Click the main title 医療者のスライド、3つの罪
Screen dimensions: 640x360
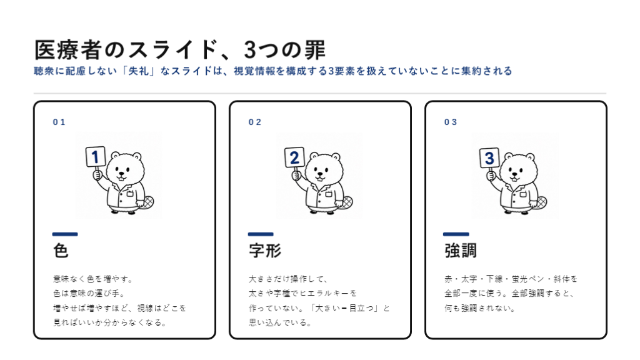179,50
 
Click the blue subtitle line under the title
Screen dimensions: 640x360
272,71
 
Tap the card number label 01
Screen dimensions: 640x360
59,122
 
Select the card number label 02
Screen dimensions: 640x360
255,122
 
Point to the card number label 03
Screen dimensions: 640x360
451,122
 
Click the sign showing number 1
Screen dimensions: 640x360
96,157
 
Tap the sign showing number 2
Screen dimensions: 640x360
294,157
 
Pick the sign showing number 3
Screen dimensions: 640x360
489,158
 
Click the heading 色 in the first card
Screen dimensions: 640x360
61,250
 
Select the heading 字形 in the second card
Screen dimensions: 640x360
265,250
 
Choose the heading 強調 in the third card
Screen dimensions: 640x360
461,250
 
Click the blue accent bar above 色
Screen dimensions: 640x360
65,234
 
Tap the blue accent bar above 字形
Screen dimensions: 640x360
261,234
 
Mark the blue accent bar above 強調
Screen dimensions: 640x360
456,234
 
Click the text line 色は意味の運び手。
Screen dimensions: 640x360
89,294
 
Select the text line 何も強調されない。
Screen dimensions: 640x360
479,308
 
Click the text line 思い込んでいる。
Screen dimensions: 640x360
281,323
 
